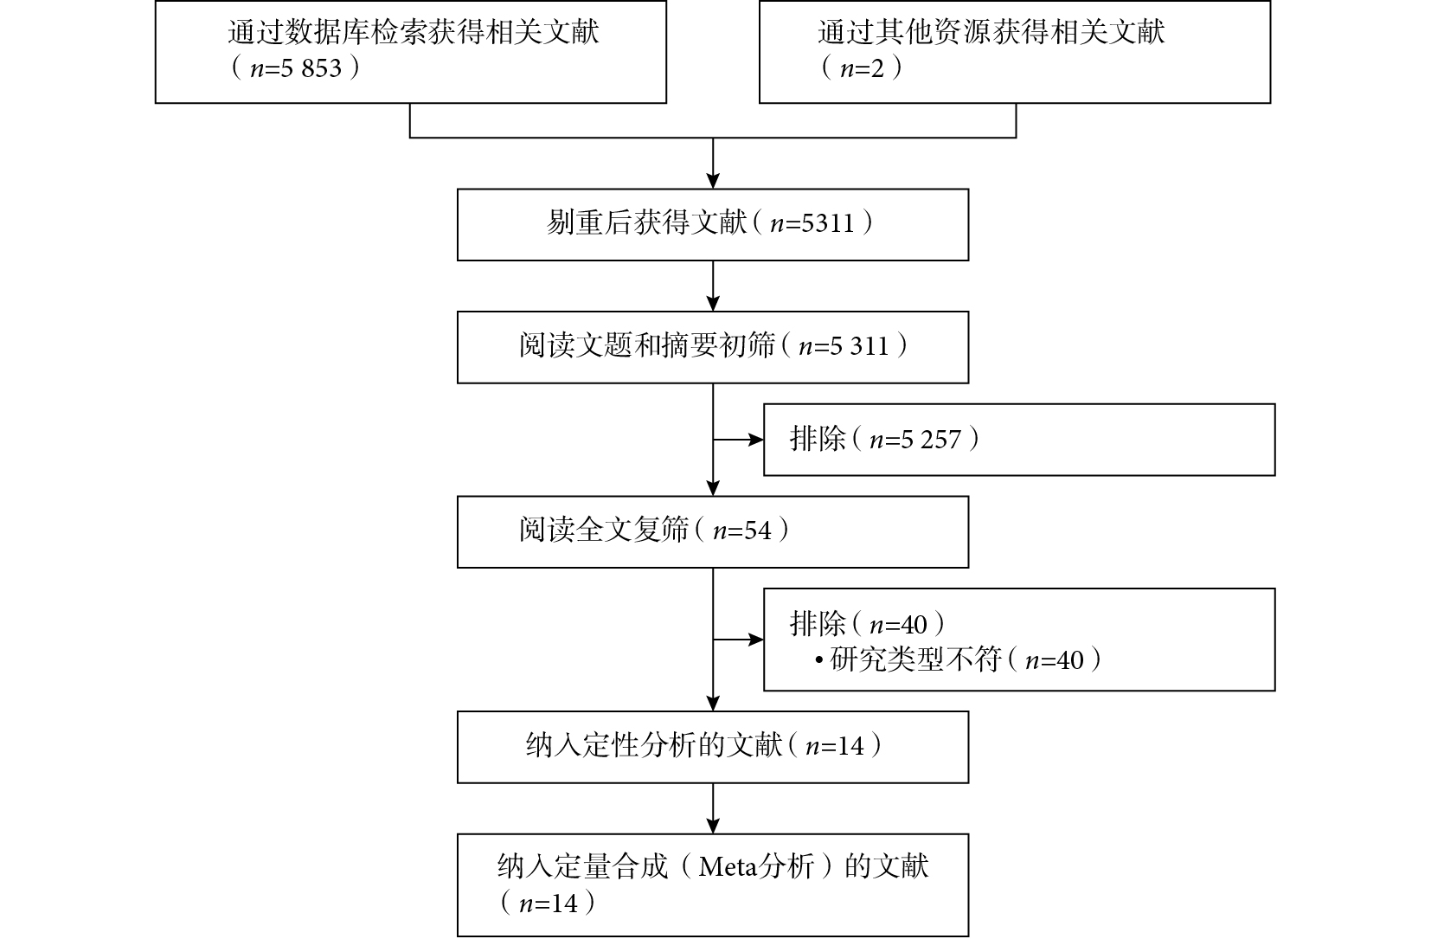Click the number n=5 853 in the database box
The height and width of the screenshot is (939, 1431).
297,68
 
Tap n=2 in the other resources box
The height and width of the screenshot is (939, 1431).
863,68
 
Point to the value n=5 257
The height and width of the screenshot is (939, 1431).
914,440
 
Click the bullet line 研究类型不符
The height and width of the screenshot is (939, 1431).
959,659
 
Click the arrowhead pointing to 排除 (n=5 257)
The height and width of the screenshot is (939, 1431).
756,440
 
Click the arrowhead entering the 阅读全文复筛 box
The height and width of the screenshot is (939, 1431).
713,488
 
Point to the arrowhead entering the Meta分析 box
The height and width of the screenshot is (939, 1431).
713,826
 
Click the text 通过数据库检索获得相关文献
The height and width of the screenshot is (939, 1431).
414,32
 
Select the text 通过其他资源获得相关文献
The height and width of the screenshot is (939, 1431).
991,32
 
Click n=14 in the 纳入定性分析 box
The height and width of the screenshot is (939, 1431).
835,746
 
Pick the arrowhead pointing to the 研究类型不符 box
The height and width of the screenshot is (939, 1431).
756,640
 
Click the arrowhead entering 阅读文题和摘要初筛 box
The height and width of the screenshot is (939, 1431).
713,303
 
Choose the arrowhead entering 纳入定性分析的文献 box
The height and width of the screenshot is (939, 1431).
713,703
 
